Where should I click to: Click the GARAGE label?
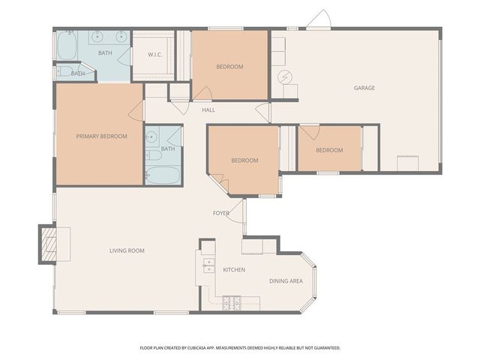pyautogui.click(x=364, y=88)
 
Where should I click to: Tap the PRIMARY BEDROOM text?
pyautogui.click(x=101, y=136)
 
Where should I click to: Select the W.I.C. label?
pyautogui.click(x=155, y=55)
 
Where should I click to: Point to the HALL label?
pyautogui.click(x=208, y=110)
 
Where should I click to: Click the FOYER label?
pyautogui.click(x=221, y=213)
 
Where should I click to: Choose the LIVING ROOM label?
pyautogui.click(x=127, y=250)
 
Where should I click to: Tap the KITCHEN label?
pyautogui.click(x=233, y=270)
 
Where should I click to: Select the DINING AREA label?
pyautogui.click(x=286, y=281)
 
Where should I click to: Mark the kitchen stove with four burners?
pyautogui.click(x=232, y=303)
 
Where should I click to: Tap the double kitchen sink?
pyautogui.click(x=208, y=265)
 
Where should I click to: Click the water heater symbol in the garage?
pyautogui.click(x=285, y=76)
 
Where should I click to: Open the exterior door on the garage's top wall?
pyautogui.click(x=318, y=21)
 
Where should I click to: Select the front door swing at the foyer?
pyautogui.click(x=236, y=211)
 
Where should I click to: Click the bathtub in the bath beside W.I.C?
pyautogui.click(x=67, y=46)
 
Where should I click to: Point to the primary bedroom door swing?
pyautogui.click(x=136, y=111)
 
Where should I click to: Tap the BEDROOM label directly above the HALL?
pyautogui.click(x=229, y=67)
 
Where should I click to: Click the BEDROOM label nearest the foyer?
pyautogui.click(x=244, y=160)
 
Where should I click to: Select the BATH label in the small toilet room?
pyautogui.click(x=78, y=73)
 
